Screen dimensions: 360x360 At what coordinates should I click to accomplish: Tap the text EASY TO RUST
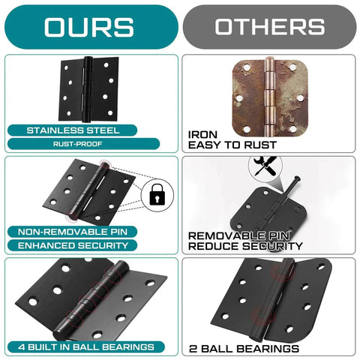tap(233, 145)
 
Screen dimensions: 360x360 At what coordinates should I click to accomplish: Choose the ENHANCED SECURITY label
tap(73, 245)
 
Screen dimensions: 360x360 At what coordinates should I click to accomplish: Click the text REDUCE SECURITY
tap(244, 246)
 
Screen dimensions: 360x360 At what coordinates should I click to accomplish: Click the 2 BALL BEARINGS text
tap(244, 348)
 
